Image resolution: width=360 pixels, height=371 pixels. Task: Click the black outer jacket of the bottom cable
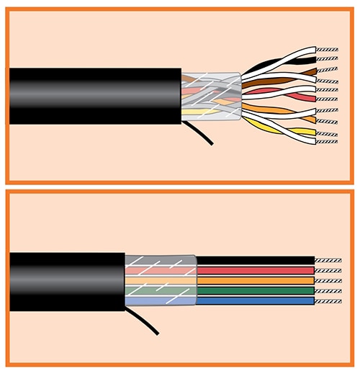[65, 281]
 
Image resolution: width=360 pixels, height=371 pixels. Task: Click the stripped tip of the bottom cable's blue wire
[325, 300]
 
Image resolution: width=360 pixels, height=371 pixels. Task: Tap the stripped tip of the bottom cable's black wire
[325, 260]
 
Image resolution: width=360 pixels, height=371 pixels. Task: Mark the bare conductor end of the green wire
[325, 290]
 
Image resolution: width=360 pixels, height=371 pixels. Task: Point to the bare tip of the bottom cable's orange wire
[325, 280]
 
